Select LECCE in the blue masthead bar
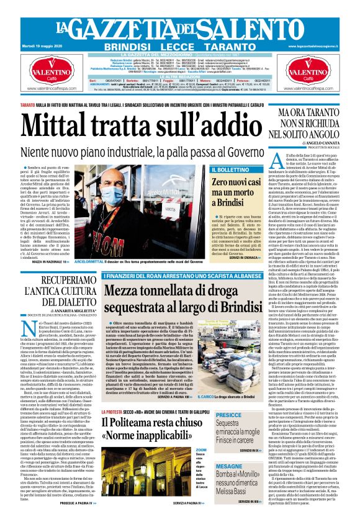point(180,47)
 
